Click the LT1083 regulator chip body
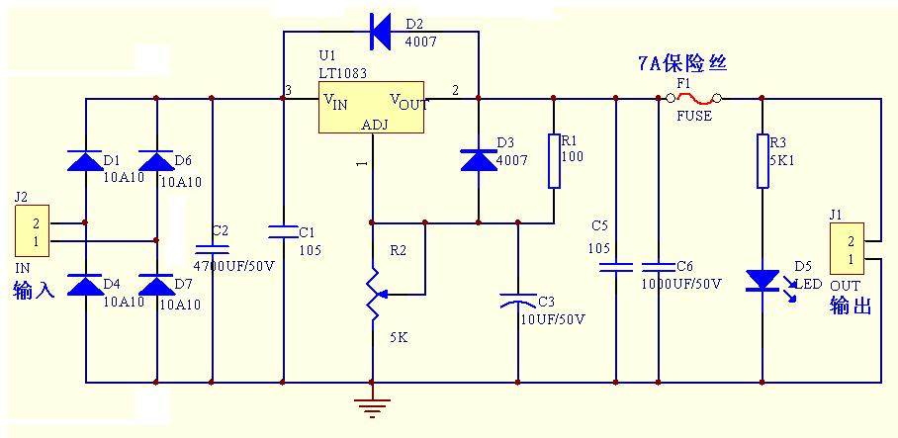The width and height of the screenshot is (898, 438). coord(371,107)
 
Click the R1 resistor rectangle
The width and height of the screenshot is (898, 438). coord(554,160)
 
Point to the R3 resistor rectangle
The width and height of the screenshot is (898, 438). coord(763,160)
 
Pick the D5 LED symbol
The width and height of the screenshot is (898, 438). coord(763,281)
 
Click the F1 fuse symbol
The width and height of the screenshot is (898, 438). coord(689,97)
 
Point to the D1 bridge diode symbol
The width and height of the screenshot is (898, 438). coord(85,161)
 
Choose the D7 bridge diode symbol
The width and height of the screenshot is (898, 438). coord(156,287)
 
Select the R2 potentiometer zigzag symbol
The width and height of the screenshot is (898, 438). coord(373,292)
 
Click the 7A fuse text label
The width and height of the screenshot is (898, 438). coord(681,63)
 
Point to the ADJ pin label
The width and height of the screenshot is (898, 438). coord(375,125)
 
